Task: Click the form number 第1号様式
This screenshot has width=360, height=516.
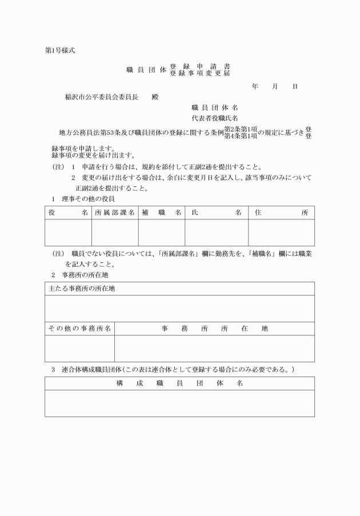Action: point(59,50)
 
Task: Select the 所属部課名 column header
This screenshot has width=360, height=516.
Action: point(115,212)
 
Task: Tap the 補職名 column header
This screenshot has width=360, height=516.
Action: point(161,212)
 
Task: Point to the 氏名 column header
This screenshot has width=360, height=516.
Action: point(216,212)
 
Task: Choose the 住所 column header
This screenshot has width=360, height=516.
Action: point(281,212)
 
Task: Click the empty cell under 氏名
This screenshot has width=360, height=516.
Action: point(216,233)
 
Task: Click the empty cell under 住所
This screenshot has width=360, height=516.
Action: point(281,233)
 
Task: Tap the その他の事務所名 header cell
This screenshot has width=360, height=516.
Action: point(79,329)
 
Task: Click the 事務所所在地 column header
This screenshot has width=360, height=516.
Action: point(214,329)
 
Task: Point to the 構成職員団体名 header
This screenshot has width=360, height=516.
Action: point(179,383)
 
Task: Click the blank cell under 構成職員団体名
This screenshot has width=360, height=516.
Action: point(179,403)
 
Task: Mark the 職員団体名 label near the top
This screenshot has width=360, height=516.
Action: point(214,107)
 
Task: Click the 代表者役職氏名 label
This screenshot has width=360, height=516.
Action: point(214,118)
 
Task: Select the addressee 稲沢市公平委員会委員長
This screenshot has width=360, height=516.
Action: point(102,97)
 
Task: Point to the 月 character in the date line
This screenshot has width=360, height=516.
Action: point(275,86)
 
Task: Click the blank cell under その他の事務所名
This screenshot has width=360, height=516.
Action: point(79,349)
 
